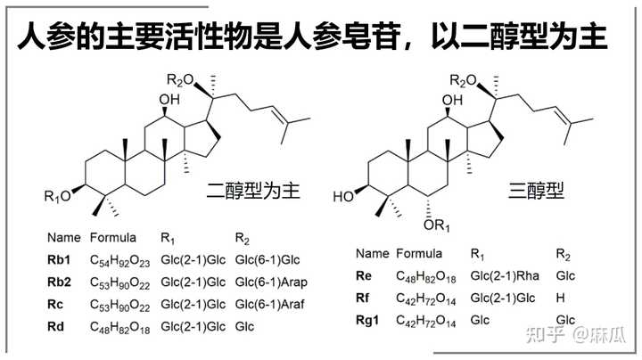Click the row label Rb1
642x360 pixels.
59,260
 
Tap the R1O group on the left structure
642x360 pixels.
60,195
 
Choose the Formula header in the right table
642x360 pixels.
417,253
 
